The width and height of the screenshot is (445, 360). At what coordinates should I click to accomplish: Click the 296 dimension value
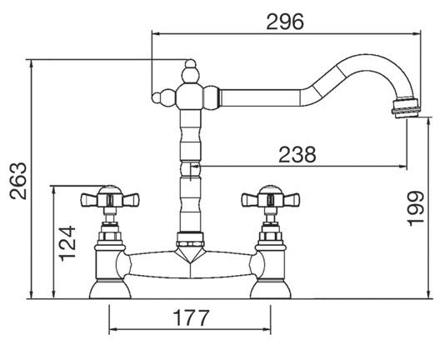(x=285, y=22)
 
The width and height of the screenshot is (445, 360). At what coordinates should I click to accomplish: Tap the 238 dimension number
(x=297, y=154)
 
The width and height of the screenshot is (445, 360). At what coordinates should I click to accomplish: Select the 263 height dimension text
(x=18, y=181)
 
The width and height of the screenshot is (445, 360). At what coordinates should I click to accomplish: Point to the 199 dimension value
(x=416, y=208)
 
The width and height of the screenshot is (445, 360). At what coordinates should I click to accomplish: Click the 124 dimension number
(x=67, y=243)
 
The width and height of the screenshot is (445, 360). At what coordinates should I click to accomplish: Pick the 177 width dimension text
(x=192, y=318)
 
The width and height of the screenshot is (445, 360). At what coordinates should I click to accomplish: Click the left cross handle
(x=110, y=199)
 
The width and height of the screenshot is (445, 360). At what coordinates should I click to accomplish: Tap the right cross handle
(x=271, y=199)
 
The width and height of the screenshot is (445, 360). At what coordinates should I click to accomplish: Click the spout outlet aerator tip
(x=405, y=107)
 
